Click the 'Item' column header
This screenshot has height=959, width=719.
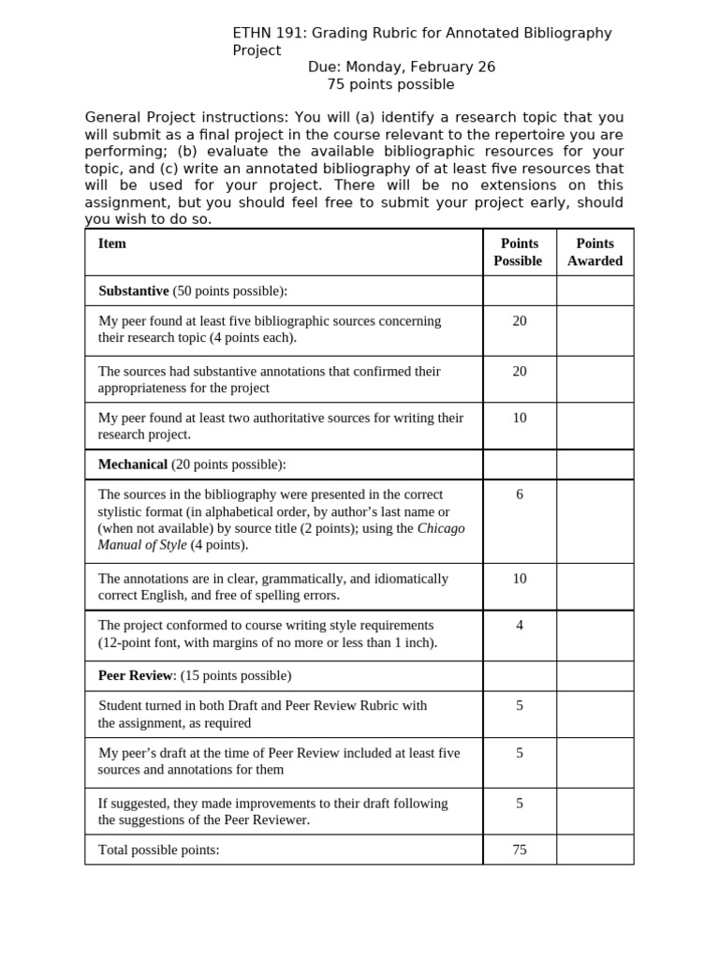(x=112, y=243)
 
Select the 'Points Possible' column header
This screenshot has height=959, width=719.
(x=519, y=252)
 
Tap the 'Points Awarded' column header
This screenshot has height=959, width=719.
(x=594, y=252)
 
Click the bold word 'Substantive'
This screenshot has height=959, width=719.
(x=134, y=291)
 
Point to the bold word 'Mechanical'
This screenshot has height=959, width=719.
(x=133, y=465)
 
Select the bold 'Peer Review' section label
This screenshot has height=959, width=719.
(x=136, y=675)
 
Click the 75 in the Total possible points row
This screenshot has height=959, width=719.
(x=520, y=849)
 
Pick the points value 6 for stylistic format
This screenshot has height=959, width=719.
(x=520, y=494)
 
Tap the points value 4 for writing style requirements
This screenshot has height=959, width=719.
(x=520, y=626)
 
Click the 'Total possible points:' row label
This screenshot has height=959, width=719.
(x=159, y=849)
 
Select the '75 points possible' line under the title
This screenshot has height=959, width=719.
(x=390, y=84)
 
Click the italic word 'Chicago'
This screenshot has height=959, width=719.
(x=441, y=528)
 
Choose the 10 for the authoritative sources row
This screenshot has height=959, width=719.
(x=520, y=418)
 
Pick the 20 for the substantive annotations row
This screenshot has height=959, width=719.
(x=520, y=372)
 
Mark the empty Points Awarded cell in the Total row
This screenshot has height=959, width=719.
(x=594, y=849)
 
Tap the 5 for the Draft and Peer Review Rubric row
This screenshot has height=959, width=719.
(x=520, y=706)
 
